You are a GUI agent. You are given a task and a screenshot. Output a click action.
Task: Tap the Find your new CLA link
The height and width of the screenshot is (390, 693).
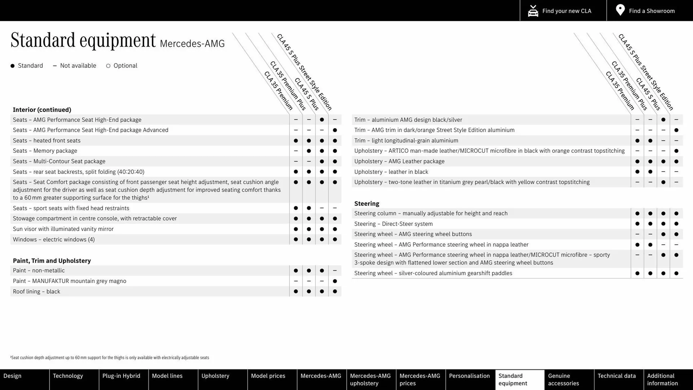pos(563,10)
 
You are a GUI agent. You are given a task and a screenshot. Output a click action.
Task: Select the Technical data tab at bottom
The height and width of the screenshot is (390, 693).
pos(616,376)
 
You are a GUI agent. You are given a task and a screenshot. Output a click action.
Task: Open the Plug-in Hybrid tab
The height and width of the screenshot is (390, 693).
pos(121,376)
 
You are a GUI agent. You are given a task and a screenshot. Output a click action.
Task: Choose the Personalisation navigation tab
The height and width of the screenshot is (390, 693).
pos(469,376)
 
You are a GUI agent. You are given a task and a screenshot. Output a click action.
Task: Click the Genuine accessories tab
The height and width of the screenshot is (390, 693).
pos(563,380)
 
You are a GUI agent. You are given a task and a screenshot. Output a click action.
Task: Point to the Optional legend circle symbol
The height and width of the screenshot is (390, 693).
pos(108,66)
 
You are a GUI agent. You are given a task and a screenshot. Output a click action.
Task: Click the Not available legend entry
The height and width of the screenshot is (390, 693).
pos(75,66)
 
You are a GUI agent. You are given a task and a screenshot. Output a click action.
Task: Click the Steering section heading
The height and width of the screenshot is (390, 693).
pos(366,204)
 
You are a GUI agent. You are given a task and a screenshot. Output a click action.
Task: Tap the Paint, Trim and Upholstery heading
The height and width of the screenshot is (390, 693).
pos(52,261)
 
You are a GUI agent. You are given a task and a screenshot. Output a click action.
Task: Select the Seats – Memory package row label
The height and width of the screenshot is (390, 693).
pos(45,151)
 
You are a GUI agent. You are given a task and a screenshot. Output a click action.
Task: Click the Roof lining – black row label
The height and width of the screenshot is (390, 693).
pos(36,292)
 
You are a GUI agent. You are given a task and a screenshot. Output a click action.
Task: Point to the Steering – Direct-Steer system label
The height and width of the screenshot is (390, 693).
pos(393,224)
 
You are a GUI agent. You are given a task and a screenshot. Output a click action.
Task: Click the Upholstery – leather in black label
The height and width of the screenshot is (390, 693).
pos(391,172)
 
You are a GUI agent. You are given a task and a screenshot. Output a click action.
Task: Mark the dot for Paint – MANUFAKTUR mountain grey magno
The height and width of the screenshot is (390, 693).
pos(335,281)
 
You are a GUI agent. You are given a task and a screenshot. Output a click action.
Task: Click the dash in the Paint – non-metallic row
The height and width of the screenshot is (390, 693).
pos(335,271)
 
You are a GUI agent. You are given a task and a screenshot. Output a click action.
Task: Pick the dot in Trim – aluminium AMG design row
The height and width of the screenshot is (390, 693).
pos(663,120)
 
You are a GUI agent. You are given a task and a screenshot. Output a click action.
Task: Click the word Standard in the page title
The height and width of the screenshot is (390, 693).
pos(43,40)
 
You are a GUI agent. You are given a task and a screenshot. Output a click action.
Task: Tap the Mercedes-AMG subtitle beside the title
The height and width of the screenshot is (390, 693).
pos(192,44)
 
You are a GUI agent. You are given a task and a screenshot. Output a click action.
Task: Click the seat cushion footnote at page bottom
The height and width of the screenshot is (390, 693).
pos(110,358)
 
